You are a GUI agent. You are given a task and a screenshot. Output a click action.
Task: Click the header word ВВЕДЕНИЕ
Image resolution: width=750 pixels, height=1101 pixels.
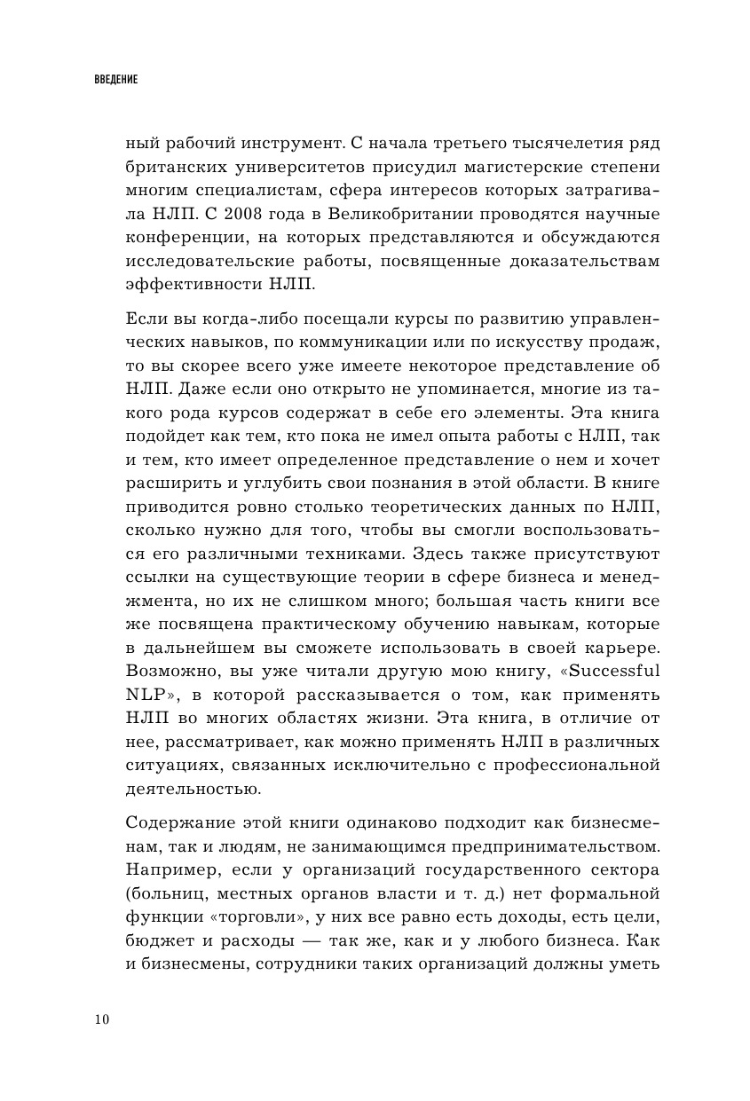[x=115, y=79]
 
